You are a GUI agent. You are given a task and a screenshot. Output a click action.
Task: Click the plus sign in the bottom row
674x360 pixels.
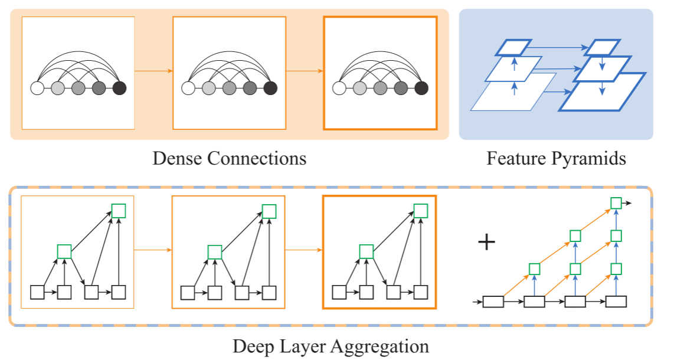coord(486,243)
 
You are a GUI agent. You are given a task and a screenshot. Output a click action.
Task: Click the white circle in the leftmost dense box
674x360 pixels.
coord(37,89)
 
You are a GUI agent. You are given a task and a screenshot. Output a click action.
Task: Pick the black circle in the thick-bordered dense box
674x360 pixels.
coord(421,89)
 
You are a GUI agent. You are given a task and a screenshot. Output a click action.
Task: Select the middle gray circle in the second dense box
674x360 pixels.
coord(229,89)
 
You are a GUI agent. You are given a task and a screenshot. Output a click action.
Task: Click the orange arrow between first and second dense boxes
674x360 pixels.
coord(153,71)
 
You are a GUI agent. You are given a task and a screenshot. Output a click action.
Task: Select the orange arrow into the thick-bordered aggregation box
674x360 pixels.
coord(304,250)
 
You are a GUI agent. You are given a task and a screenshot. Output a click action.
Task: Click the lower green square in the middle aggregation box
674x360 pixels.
coord(214,251)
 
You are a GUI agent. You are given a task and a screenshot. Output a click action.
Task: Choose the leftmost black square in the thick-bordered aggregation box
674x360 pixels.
coord(339,292)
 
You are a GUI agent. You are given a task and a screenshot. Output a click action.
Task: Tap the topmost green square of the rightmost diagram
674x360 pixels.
coord(616,203)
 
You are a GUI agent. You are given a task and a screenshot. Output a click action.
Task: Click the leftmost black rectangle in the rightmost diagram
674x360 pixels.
coord(493,302)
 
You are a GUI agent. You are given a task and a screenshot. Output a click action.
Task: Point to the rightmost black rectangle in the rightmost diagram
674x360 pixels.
coord(616,302)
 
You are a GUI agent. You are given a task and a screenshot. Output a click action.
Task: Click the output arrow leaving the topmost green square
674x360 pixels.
coord(627,203)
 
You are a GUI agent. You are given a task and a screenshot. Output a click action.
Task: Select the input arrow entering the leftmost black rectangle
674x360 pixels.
coord(477,302)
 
